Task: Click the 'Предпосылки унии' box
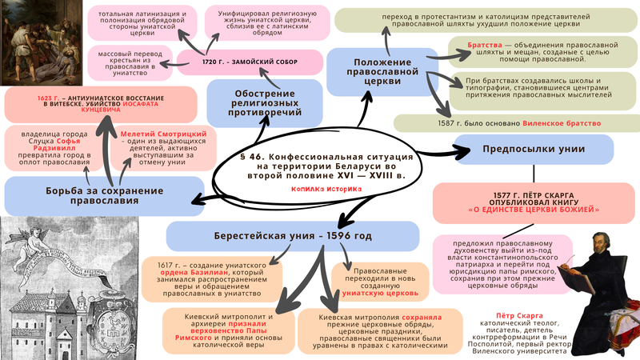point(533,150)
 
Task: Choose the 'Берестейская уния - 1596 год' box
point(293,236)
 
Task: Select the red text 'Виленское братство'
point(561,123)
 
